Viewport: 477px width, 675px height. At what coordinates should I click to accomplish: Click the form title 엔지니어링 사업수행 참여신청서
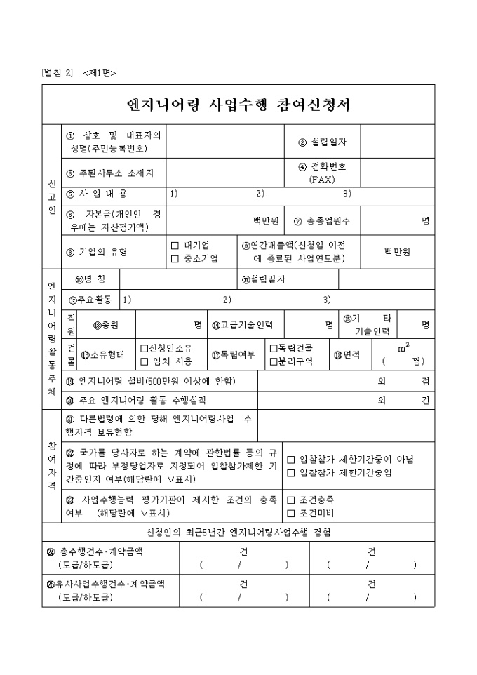(238, 105)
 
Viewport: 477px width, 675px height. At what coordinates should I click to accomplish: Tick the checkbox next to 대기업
(175, 246)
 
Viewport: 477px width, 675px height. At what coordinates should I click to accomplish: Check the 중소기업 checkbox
(175, 258)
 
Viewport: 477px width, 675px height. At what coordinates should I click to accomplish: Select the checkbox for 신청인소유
(145, 348)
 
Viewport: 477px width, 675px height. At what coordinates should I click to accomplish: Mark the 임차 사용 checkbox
(145, 361)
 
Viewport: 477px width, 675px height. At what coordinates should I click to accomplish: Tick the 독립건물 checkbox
(274, 348)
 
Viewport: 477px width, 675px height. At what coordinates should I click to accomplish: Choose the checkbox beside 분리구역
(274, 361)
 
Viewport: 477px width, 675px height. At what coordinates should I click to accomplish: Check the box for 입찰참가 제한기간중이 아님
(291, 460)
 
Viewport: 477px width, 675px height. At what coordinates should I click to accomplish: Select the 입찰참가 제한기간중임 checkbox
(291, 473)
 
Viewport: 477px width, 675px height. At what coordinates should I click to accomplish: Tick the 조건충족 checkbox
(291, 500)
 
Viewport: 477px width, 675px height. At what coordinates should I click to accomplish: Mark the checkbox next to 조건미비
(291, 514)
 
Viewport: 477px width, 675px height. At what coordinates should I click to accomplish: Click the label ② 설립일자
(322, 142)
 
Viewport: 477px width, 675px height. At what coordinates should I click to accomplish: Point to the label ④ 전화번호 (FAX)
(322, 173)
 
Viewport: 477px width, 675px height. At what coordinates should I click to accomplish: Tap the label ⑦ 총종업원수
(322, 220)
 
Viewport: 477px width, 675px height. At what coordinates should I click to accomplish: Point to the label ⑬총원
(107, 325)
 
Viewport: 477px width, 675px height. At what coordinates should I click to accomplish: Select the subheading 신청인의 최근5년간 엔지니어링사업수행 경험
(238, 532)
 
